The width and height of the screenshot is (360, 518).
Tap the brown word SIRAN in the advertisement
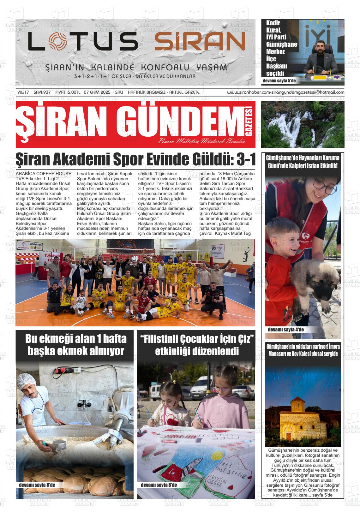point(200,42)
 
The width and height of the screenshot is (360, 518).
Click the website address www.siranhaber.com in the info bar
point(246,92)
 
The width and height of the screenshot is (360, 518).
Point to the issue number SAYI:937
point(42,92)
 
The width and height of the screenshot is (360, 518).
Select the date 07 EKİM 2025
point(97,92)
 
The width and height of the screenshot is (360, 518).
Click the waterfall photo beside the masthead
point(303,124)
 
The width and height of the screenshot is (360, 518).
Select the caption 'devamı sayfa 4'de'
point(285,330)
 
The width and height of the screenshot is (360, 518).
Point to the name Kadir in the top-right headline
point(273,23)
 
